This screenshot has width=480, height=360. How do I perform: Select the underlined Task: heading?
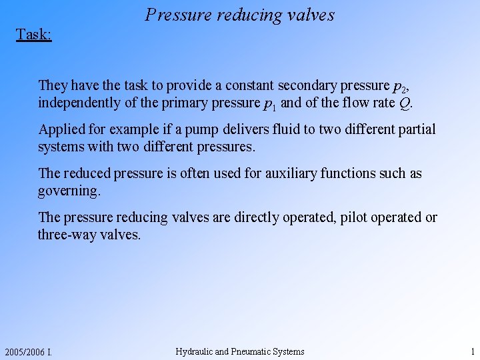(x=34, y=34)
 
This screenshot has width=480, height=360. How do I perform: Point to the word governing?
(x=69, y=191)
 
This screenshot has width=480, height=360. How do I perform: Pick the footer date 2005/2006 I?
(x=27, y=352)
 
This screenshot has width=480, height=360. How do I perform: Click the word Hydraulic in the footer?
(x=194, y=351)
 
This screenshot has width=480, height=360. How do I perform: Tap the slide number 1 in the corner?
(x=472, y=351)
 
